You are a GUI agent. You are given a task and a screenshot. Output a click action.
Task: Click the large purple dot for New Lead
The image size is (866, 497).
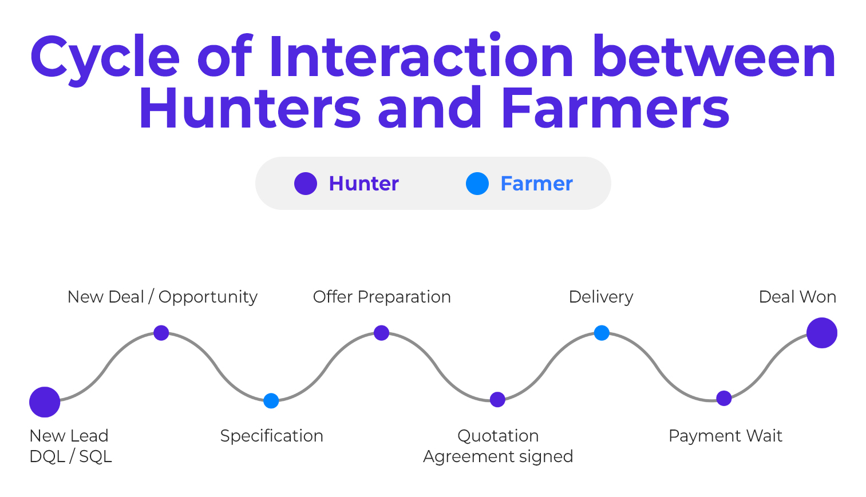click(x=45, y=402)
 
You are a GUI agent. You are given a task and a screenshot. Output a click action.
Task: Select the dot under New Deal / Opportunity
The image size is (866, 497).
click(x=161, y=333)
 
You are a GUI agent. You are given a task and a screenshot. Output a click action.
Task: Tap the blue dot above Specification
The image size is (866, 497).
click(x=271, y=401)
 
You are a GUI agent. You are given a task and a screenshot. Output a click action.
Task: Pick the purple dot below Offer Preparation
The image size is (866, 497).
click(x=382, y=333)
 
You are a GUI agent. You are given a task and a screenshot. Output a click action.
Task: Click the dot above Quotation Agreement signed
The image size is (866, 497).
click(x=498, y=399)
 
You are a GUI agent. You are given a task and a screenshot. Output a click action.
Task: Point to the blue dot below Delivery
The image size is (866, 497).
click(x=602, y=333)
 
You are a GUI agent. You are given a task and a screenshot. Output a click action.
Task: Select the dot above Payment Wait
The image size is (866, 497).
click(x=724, y=398)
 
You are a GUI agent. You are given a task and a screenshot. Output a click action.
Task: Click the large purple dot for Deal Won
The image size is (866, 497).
click(x=822, y=333)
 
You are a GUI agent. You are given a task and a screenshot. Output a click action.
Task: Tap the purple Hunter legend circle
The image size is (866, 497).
click(x=306, y=184)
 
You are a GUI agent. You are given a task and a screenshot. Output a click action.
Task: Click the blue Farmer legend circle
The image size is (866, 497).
click(x=477, y=184)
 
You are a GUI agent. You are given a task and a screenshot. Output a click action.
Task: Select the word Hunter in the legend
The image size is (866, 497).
click(x=363, y=184)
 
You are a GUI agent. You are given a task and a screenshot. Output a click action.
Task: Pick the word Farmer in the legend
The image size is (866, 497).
click(x=536, y=184)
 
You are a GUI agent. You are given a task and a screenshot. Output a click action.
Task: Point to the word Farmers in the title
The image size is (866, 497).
click(x=615, y=109)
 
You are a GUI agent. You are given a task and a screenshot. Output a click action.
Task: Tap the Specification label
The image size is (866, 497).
click(x=272, y=436)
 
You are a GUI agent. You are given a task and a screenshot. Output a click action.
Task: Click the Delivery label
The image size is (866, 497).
click(x=601, y=297)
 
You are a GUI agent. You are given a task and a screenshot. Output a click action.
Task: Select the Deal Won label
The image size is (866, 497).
click(x=797, y=297)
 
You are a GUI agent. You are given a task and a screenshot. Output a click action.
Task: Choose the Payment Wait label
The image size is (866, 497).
click(x=725, y=436)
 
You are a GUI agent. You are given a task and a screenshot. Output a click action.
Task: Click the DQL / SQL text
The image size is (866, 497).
click(x=70, y=456)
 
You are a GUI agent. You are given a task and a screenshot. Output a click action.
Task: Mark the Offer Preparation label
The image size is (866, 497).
click(x=382, y=297)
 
